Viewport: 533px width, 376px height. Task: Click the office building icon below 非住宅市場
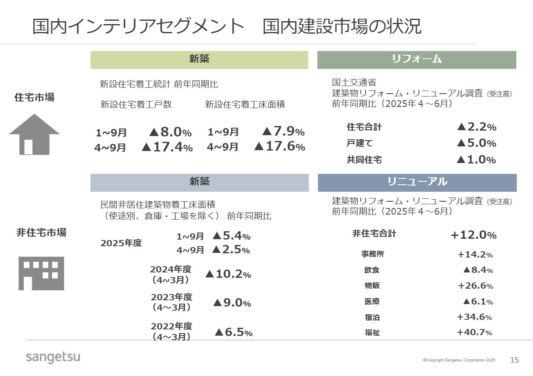41,273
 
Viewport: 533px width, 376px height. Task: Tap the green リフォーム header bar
416,59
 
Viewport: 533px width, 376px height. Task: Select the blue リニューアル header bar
417,182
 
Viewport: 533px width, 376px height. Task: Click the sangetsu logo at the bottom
53,357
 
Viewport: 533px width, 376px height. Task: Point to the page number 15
515,360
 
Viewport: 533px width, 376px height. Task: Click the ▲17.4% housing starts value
167,147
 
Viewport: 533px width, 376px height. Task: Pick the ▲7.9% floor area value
283,132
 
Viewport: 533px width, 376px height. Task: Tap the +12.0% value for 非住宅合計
473,235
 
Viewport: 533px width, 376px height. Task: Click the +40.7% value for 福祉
474,332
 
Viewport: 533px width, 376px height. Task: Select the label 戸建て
359,143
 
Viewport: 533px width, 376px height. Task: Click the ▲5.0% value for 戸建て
476,143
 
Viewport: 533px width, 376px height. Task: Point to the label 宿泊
372,317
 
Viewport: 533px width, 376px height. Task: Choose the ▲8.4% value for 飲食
478,270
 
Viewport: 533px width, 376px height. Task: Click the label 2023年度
171,297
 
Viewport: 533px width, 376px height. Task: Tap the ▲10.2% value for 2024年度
228,275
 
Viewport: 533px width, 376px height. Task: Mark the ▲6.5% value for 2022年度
234,332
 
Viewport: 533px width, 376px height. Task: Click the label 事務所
372,254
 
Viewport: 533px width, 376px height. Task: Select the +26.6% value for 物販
475,286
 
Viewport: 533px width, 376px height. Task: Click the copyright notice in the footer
459,360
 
